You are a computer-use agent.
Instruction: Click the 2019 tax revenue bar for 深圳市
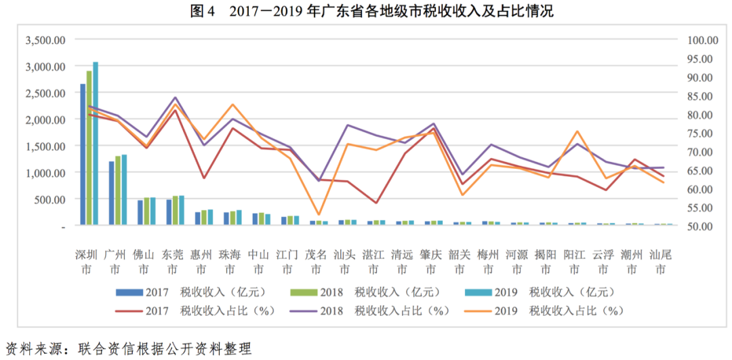pos(96,143)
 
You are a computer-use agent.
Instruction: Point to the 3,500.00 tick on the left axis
pos(45,40)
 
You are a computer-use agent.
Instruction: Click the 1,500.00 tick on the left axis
pos(45,146)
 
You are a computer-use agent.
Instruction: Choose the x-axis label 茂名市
pos(317,262)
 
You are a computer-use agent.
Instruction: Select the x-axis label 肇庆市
pos(431,262)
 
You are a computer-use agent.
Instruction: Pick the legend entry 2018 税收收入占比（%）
pos(370,311)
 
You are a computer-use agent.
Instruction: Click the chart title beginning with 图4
pos(365,12)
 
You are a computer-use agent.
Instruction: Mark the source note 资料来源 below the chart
pos(129,348)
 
